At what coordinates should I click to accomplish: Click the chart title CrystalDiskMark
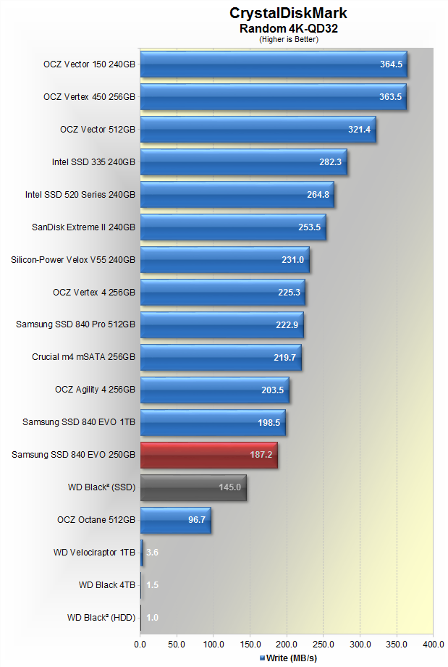click(x=288, y=13)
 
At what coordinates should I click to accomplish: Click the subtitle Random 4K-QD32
click(x=288, y=28)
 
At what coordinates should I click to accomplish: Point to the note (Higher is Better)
click(x=288, y=39)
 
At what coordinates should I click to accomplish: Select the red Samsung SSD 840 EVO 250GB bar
click(x=208, y=455)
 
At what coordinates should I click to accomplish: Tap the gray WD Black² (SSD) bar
click(x=193, y=487)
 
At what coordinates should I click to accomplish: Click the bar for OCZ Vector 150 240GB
click(x=274, y=64)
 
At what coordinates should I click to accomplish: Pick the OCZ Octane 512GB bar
click(x=175, y=520)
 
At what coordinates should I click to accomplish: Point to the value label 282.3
click(x=331, y=162)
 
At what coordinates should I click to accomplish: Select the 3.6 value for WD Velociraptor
click(x=152, y=553)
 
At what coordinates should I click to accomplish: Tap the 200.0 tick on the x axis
click(x=287, y=643)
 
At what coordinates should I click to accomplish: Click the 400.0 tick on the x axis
click(x=433, y=643)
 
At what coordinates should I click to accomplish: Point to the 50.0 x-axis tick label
click(x=177, y=643)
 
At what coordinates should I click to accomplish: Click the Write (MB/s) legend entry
click(x=288, y=658)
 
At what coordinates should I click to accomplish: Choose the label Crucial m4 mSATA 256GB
click(x=83, y=357)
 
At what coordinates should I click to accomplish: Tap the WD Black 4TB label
click(x=107, y=585)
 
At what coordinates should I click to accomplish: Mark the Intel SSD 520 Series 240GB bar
click(x=237, y=195)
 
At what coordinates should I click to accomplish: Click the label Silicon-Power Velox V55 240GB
click(x=73, y=259)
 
